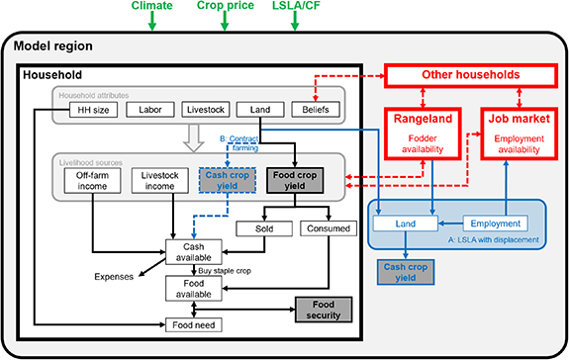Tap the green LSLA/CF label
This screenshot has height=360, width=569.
click(296, 8)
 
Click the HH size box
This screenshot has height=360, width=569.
click(77, 110)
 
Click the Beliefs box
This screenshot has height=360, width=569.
click(316, 110)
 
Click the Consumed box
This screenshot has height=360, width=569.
click(326, 228)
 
